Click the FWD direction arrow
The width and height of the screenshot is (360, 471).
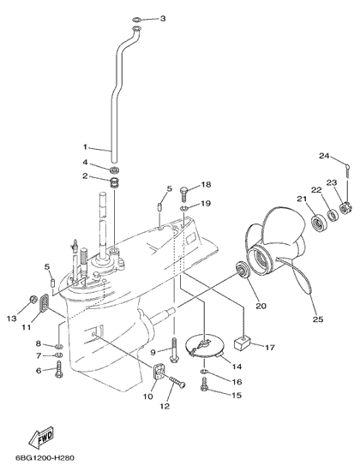point(41,437)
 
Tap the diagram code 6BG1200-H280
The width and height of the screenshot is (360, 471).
point(45,458)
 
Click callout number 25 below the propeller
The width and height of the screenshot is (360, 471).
point(318,319)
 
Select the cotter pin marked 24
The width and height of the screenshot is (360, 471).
point(347,169)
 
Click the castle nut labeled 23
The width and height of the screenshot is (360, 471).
point(344,207)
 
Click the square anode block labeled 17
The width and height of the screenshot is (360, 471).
point(243,343)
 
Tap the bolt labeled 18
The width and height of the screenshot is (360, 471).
point(184,194)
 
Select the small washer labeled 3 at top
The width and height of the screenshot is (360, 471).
point(137,21)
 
